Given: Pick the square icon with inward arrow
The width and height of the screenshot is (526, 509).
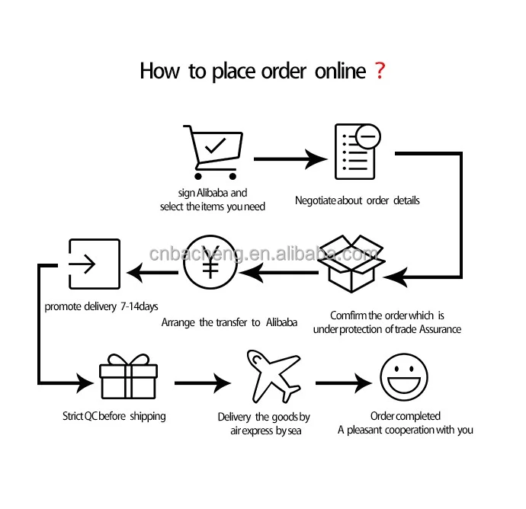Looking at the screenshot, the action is [95, 264].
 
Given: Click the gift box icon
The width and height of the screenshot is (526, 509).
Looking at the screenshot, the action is [128, 376].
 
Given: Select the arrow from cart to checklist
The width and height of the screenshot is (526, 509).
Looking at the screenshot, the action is [290, 159].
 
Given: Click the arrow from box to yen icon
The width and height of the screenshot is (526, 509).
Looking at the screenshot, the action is [282, 272].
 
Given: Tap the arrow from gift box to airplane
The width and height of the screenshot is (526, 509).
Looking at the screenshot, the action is [202, 383].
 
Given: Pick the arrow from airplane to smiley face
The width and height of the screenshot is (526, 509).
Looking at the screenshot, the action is [342, 383].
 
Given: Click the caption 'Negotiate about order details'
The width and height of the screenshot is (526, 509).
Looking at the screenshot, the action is [358, 201].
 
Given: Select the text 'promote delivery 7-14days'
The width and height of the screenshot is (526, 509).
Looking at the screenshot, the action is [101, 306].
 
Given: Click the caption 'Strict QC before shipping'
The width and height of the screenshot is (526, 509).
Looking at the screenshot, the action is [114, 416].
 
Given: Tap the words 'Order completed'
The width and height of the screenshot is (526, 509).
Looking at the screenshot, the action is [405, 416].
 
